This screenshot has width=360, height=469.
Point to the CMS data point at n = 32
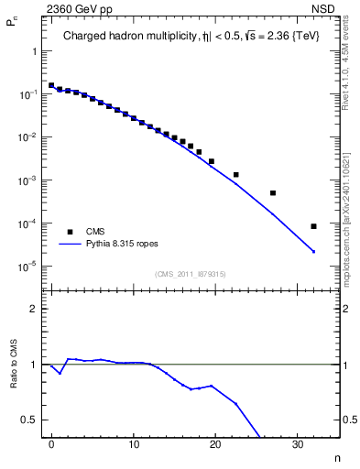click(313, 226)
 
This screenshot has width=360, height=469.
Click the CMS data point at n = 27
click(273, 193)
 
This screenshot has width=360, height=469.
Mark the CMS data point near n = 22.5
click(236, 174)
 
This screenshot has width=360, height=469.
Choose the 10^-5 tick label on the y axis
click(29, 267)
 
